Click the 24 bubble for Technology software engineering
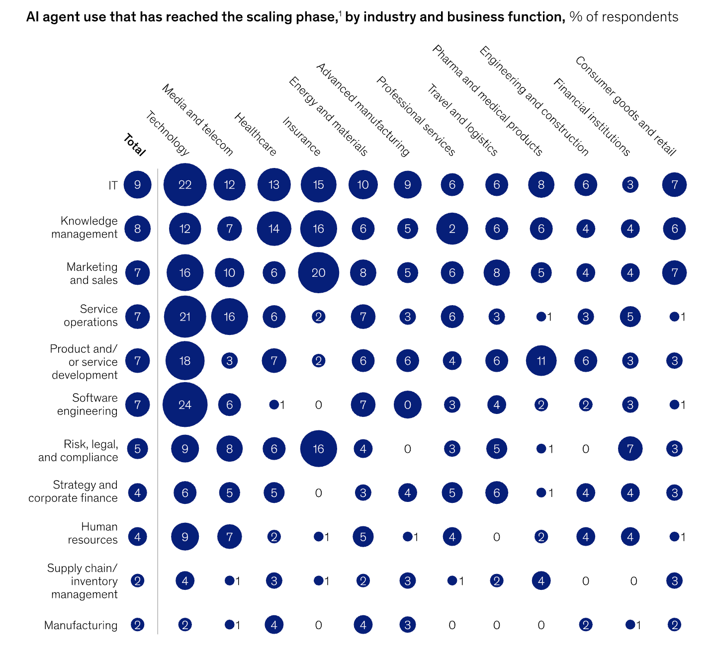(x=185, y=405)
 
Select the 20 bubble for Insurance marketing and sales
(x=319, y=273)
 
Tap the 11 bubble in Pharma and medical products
(x=541, y=361)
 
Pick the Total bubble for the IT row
(x=138, y=185)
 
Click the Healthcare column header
(x=255, y=134)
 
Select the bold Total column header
(x=134, y=145)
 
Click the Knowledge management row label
(x=85, y=228)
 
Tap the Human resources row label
(x=93, y=533)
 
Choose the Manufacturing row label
(x=81, y=625)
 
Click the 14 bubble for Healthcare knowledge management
(x=274, y=229)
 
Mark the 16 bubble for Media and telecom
(x=229, y=317)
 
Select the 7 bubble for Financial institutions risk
(x=630, y=449)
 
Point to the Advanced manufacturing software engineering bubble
(x=408, y=405)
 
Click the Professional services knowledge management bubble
(x=452, y=229)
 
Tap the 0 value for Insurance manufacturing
(x=319, y=625)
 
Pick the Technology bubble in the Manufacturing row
(x=185, y=625)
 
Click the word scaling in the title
(x=264, y=17)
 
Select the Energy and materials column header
(x=328, y=116)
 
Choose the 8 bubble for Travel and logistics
(x=497, y=273)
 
